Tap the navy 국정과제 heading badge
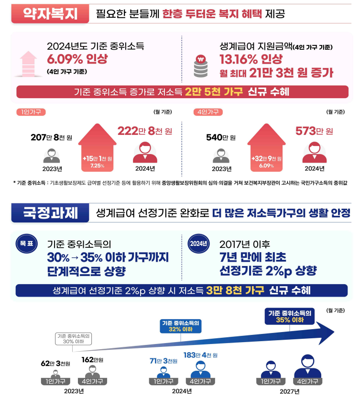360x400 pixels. tap(50, 212)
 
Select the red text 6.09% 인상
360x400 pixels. tap(77, 59)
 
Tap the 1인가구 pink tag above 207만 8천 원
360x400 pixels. tap(31, 112)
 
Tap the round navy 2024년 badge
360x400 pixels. tap(198, 243)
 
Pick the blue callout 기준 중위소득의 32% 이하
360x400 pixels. tap(180, 326)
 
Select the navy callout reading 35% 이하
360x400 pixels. tap(289, 316)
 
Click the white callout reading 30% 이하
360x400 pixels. tap(74, 338)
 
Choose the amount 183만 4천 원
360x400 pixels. tap(200, 355)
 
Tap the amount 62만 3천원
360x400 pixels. tap(55, 364)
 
